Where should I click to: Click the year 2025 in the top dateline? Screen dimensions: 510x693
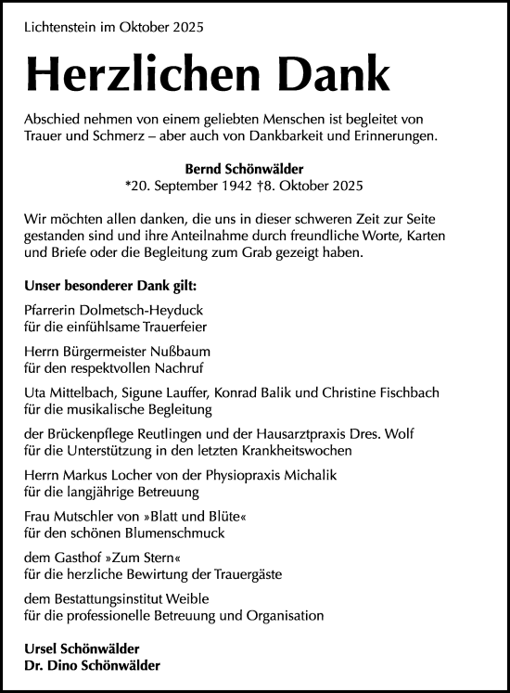pyautogui.click(x=185, y=28)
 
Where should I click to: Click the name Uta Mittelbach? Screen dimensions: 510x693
pyautogui.click(x=64, y=392)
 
